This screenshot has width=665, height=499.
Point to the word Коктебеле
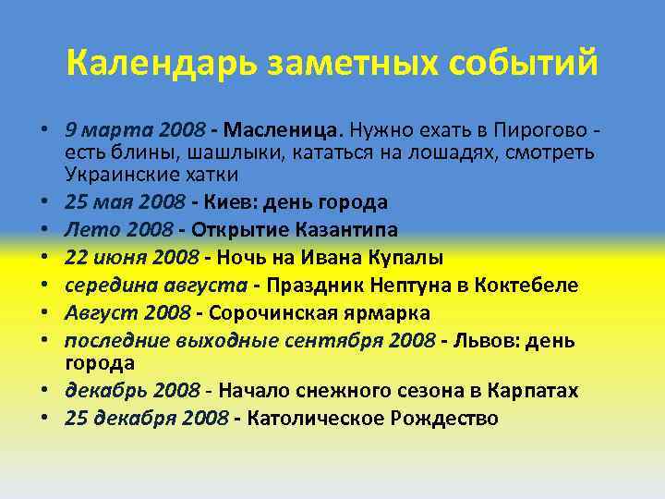tap(526, 285)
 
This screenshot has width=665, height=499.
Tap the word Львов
tap(484, 340)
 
